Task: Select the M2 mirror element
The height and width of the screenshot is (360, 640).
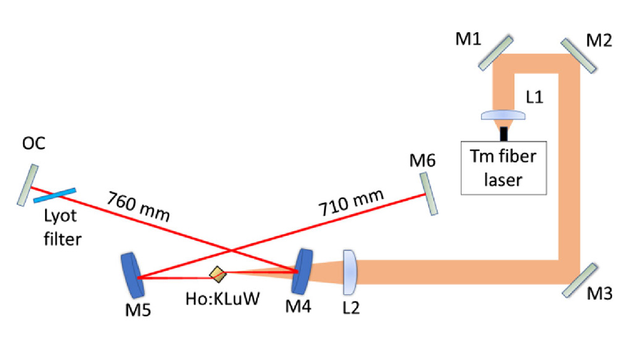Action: point(579,55)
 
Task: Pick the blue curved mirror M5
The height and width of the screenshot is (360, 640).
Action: point(132,274)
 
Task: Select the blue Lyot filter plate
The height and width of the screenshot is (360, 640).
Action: point(55,195)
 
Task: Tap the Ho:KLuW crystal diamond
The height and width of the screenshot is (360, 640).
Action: point(217,272)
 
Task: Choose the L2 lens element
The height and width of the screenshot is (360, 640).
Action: point(350,271)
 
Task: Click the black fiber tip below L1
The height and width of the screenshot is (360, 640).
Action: point(504,132)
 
